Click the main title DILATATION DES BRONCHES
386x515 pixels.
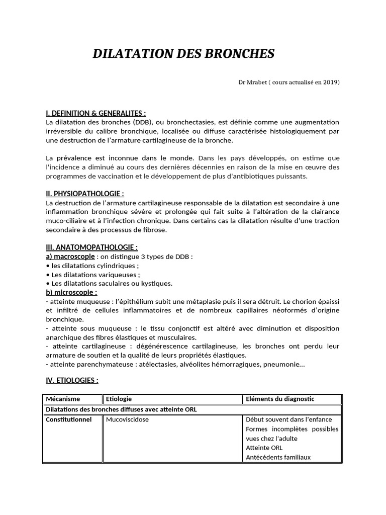point(183,54)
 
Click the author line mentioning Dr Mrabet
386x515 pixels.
point(289,82)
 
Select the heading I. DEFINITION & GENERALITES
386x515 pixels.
point(95,113)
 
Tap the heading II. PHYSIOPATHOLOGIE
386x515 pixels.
point(84,193)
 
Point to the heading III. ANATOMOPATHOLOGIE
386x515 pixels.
point(91,247)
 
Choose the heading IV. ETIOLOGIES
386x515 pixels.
point(72,380)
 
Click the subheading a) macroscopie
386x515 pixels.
point(70,256)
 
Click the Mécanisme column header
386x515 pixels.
point(63,399)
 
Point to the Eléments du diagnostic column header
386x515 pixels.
point(280,399)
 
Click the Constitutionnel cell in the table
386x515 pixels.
point(69,419)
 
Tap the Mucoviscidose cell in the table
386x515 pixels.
point(127,419)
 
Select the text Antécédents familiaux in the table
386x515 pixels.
point(278,457)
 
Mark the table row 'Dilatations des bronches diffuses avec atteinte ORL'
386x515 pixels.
point(121,409)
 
